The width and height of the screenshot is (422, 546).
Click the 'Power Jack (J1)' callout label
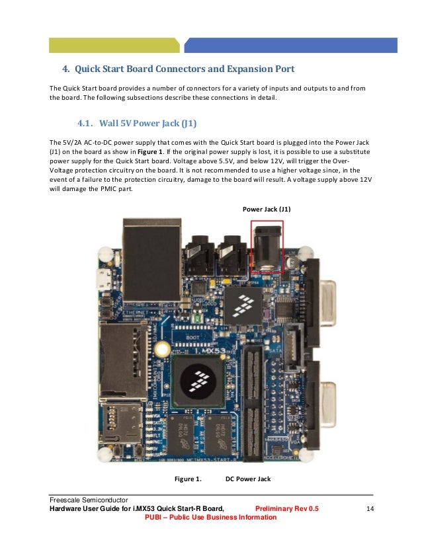pos(267,210)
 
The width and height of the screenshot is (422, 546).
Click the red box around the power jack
pos(267,247)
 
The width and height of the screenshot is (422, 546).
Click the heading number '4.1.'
pos(87,122)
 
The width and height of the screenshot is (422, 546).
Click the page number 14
pos(370,508)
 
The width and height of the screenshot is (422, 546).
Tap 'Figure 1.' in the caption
pos(187,479)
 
